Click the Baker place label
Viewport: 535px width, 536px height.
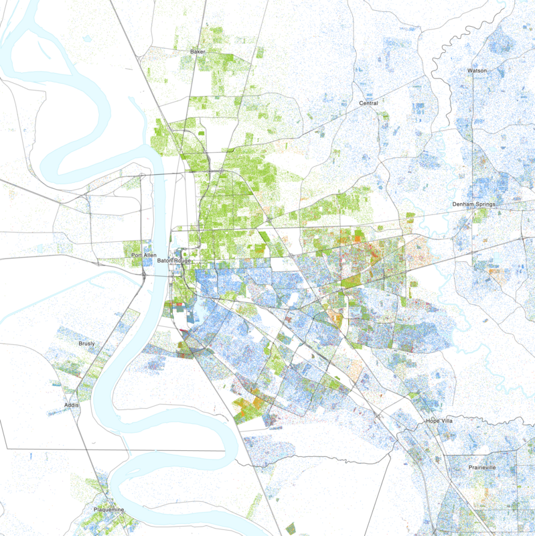click(197, 51)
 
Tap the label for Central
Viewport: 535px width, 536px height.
click(368, 103)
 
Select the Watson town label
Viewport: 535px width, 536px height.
click(477, 70)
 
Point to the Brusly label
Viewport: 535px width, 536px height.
click(86, 344)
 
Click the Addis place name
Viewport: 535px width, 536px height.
click(72, 405)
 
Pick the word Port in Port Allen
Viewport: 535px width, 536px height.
click(137, 255)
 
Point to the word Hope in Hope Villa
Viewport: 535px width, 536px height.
click(434, 421)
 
